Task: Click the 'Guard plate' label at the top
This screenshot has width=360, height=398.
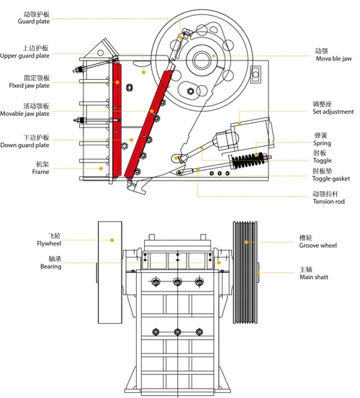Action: pyautogui.click(x=34, y=22)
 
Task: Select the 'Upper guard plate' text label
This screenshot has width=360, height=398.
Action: pyautogui.click(x=24, y=55)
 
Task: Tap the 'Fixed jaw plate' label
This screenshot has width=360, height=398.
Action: pyautogui.click(x=30, y=86)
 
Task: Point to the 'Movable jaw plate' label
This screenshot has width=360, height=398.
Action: pyautogui.click(x=24, y=114)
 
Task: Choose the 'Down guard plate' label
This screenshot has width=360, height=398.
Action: pyautogui.click(x=24, y=145)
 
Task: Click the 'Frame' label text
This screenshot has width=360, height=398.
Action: pyautogui.click(x=40, y=172)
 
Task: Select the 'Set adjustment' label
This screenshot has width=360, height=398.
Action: pyautogui.click(x=333, y=112)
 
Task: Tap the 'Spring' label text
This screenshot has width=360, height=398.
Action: pyautogui.click(x=322, y=143)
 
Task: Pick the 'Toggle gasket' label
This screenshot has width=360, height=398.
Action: pyautogui.click(x=330, y=178)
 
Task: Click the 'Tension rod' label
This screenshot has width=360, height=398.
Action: pyautogui.click(x=328, y=202)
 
